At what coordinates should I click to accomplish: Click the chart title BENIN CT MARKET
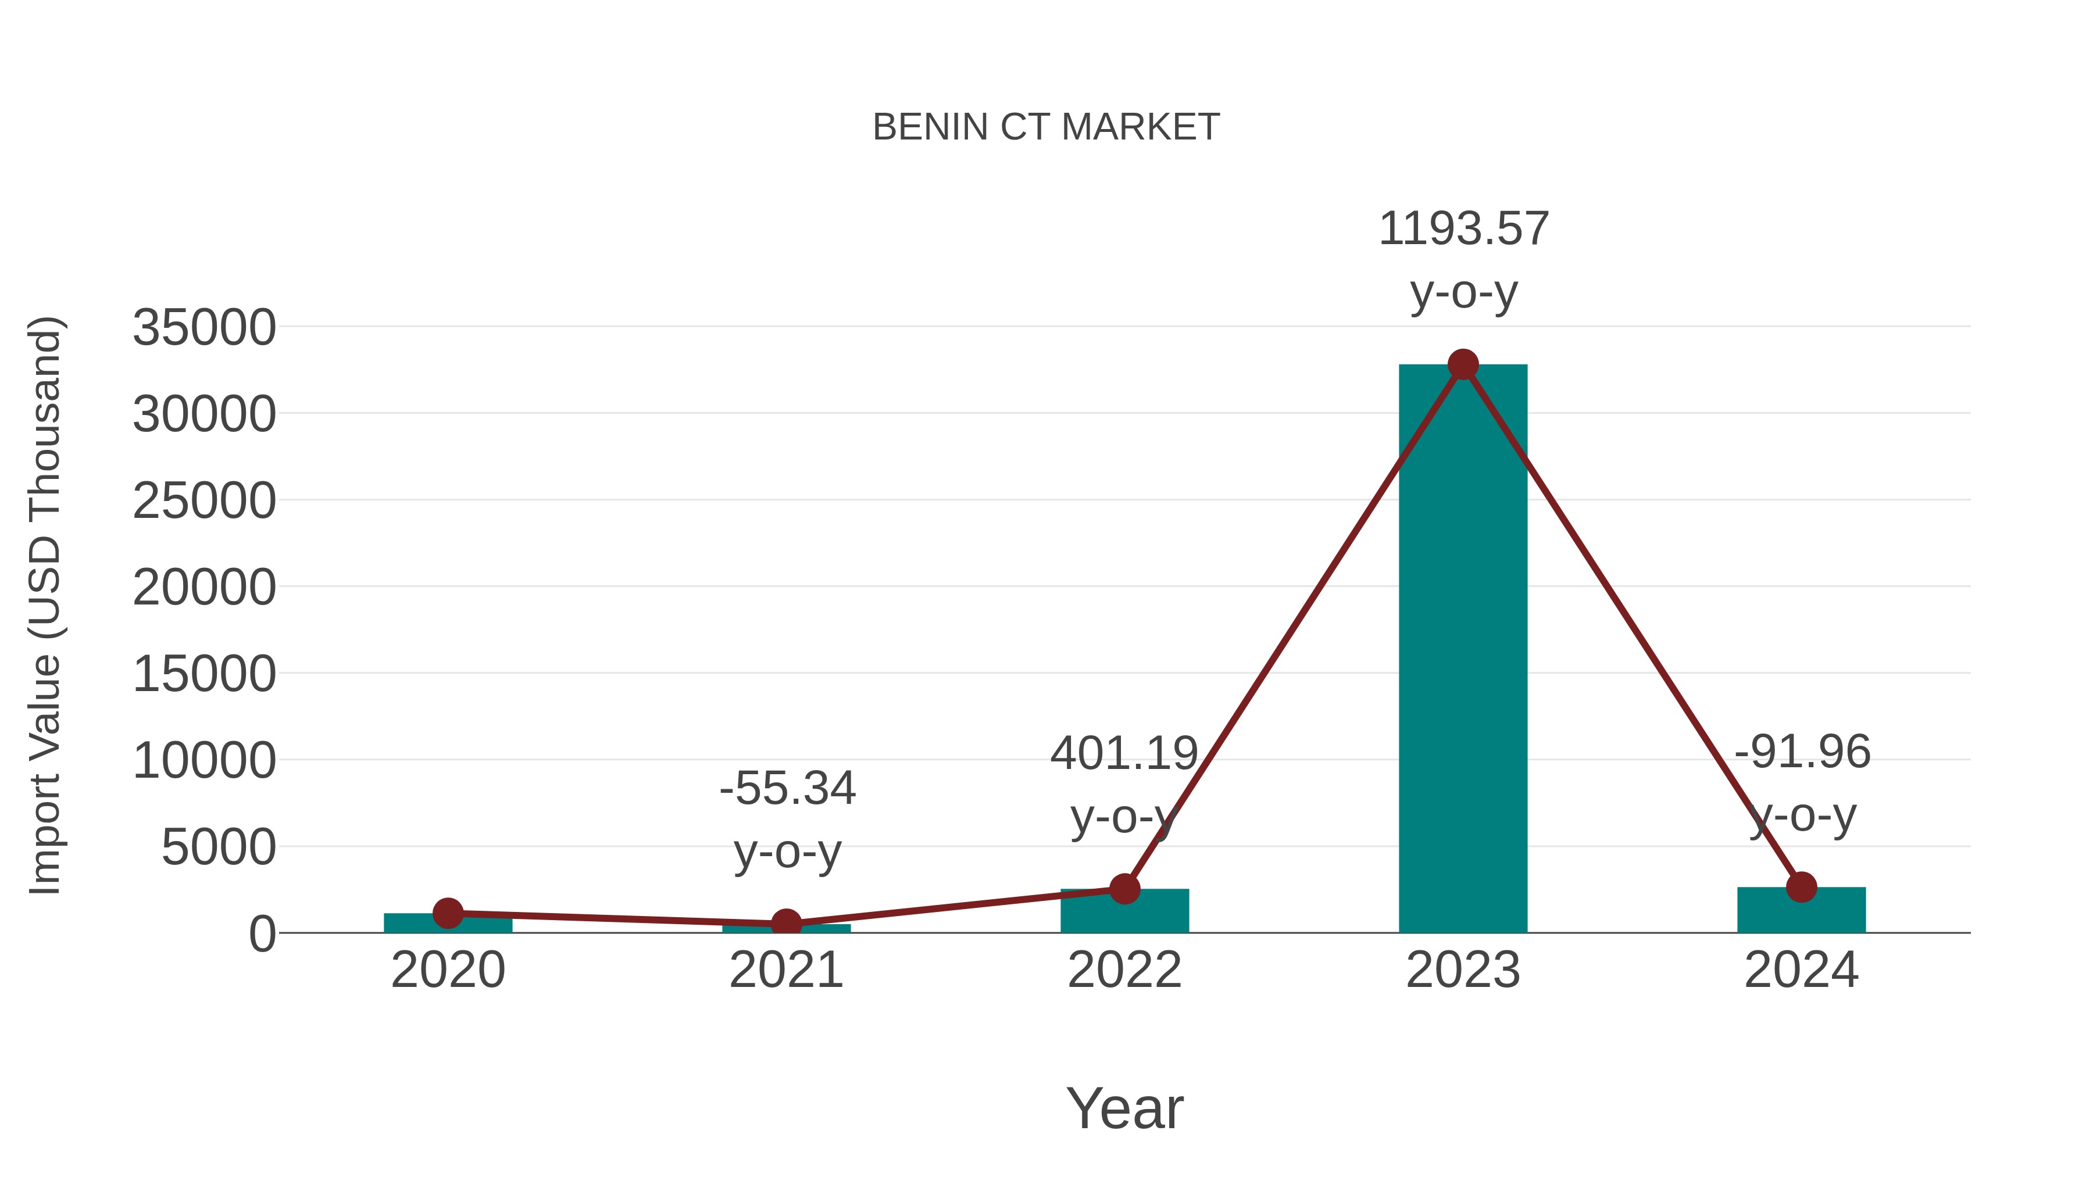click(1046, 127)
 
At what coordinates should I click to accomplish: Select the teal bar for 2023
click(1463, 650)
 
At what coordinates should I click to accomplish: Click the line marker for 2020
click(448, 913)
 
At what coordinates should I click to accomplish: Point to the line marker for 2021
click(785, 924)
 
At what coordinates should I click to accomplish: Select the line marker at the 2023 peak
click(1463, 364)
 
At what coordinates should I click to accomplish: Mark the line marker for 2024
click(1801, 887)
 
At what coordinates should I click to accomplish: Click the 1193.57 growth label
click(1463, 229)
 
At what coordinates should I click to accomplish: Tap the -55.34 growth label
click(787, 789)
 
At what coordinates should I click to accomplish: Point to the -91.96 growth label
click(1802, 752)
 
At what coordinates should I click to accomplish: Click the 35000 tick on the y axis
click(204, 328)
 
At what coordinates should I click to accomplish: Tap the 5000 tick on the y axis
click(219, 847)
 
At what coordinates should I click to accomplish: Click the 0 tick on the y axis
click(262, 934)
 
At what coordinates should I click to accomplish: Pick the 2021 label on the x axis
click(785, 970)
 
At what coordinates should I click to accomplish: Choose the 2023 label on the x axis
click(1463, 970)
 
